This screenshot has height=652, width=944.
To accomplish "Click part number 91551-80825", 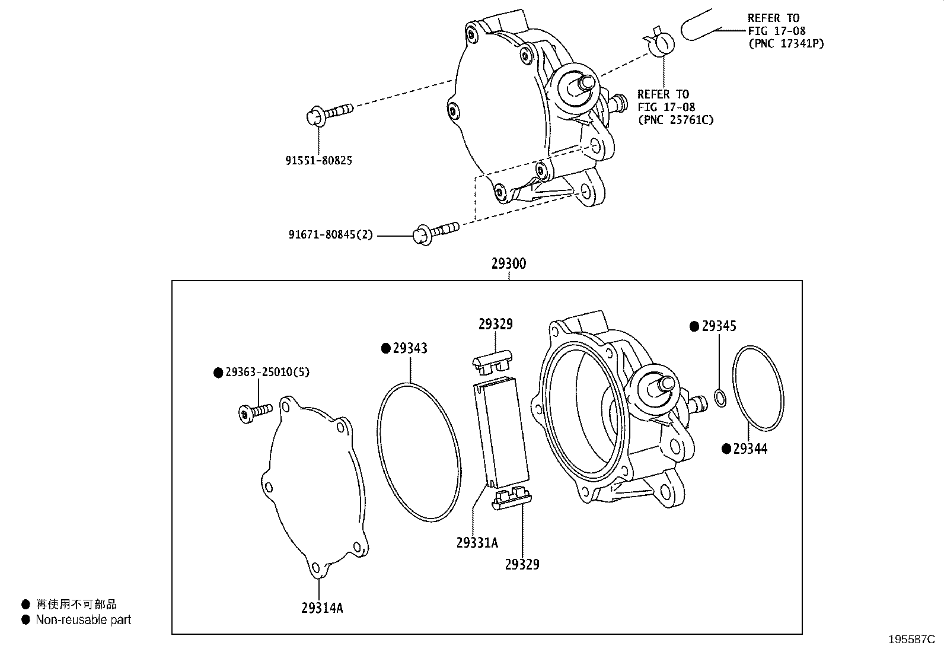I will tap(318, 160).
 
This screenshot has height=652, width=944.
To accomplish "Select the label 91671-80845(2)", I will tap(331, 235).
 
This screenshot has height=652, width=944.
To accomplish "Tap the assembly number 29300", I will tap(508, 263).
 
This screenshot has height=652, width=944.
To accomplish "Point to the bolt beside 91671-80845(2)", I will tap(436, 231).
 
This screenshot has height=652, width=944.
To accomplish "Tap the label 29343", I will tap(410, 348).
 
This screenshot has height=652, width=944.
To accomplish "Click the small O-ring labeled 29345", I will tap(720, 398).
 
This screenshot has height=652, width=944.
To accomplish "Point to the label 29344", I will tap(750, 449).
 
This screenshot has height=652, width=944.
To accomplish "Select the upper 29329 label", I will tap(496, 324).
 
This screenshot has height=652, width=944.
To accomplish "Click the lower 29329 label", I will tap(522, 564).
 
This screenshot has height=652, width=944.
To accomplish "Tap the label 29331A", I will tap(477, 542).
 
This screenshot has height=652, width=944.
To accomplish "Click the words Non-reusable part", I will tap(83, 620).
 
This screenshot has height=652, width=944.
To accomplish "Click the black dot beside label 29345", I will tap(694, 326).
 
